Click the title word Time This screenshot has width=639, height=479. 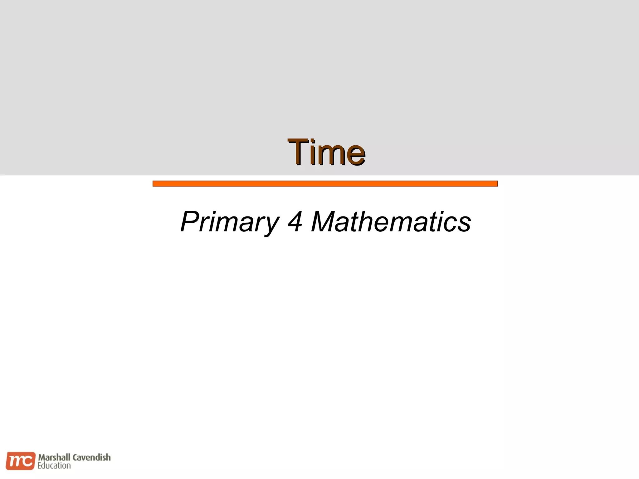pyautogui.click(x=326, y=152)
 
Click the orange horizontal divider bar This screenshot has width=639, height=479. pyautogui.click(x=325, y=184)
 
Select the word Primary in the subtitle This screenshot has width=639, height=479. pyautogui.click(x=230, y=222)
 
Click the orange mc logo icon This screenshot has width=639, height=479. pyautogui.click(x=20, y=461)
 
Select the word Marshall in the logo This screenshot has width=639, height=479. pyautogui.click(x=54, y=457)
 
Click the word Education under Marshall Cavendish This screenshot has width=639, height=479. pyautogui.click(x=54, y=466)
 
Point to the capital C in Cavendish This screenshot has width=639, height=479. pyautogui.click(x=75, y=457)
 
